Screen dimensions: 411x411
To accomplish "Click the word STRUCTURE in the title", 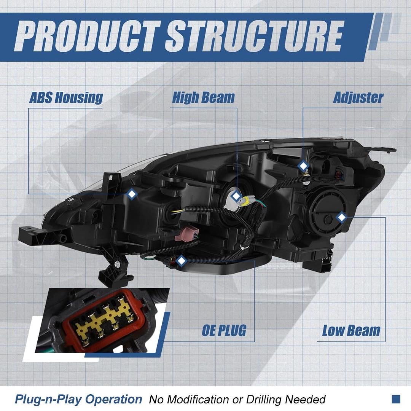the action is pyautogui.click(x=254, y=36).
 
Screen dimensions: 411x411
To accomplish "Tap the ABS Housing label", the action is pyautogui.click(x=66, y=98).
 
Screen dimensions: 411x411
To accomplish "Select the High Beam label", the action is pyautogui.click(x=203, y=97).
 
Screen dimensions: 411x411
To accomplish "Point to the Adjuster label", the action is pyautogui.click(x=358, y=98).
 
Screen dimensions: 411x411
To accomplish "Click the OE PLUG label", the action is pyautogui.click(x=224, y=330).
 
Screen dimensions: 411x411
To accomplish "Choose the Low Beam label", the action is pyautogui.click(x=351, y=330).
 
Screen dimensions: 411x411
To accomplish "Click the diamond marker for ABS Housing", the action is pyautogui.click(x=132, y=194).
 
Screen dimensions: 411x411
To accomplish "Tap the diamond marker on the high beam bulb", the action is pyautogui.click(x=236, y=196).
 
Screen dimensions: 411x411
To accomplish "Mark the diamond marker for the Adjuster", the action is pyautogui.click(x=303, y=166).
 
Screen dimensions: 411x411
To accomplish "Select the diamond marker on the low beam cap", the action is pyautogui.click(x=341, y=217).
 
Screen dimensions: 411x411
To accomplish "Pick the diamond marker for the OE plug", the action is pyautogui.click(x=181, y=261).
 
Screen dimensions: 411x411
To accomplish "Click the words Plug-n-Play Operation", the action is pyautogui.click(x=78, y=399).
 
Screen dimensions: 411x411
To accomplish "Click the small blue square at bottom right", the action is pyautogui.click(x=396, y=399).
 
